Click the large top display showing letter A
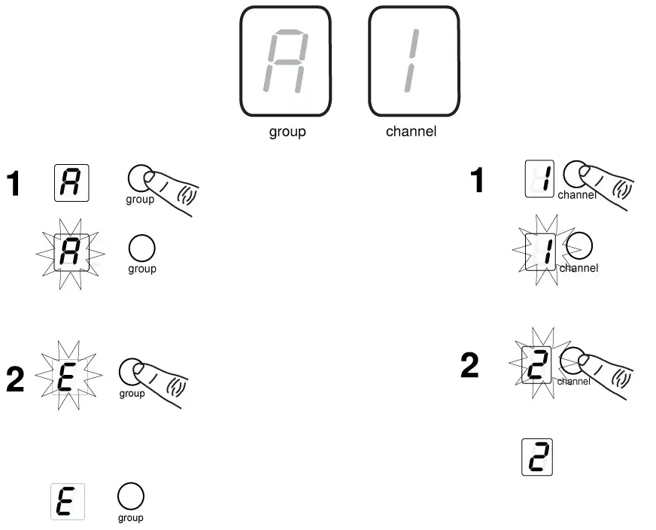(285, 62)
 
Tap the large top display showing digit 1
(413, 62)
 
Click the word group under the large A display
(287, 132)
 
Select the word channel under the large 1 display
(411, 132)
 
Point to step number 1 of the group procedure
(14, 184)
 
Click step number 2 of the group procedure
(15, 381)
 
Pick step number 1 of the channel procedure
(477, 181)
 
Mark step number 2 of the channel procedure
(469, 367)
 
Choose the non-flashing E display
(67, 502)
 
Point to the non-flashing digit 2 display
(537, 458)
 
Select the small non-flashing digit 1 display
(539, 179)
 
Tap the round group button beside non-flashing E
(131, 496)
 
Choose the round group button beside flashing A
(142, 248)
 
